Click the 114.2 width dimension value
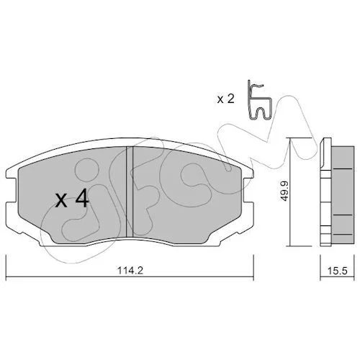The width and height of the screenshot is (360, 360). [x=130, y=271]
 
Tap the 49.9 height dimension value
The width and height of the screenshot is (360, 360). [x=284, y=191]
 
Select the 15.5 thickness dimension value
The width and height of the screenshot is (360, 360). [x=338, y=271]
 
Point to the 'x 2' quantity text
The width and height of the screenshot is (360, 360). [x=225, y=99]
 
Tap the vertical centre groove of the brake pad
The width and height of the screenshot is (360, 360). [x=130, y=192]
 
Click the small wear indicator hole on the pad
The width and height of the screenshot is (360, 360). [x=228, y=169]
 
